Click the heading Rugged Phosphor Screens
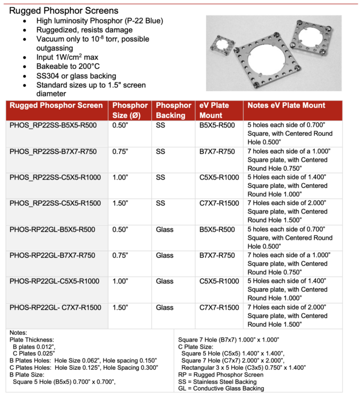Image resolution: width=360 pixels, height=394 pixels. [64, 10]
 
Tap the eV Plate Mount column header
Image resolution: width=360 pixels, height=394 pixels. [215, 110]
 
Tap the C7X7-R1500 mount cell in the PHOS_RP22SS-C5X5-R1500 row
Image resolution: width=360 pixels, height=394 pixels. [219, 203]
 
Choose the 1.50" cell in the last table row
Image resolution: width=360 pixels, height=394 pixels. [120, 307]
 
